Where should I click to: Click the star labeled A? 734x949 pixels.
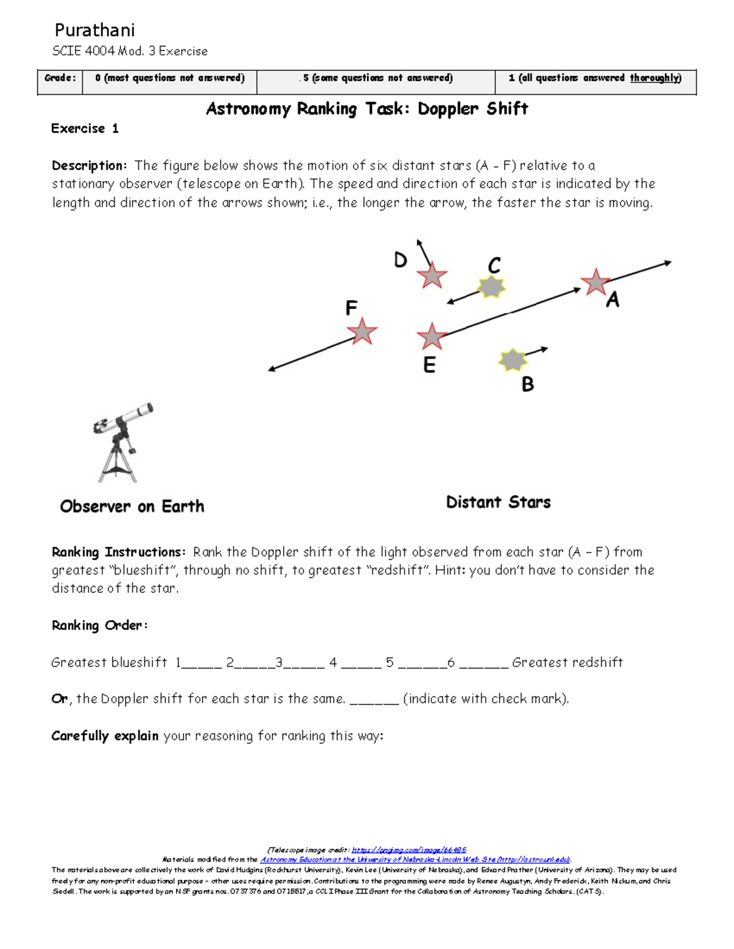click(x=595, y=282)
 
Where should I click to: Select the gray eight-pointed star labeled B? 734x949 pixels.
click(x=513, y=360)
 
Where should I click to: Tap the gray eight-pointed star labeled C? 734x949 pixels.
click(x=491, y=286)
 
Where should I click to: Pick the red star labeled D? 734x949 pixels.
click(x=432, y=276)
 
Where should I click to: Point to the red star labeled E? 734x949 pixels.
click(x=432, y=336)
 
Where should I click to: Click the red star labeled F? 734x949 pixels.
click(x=362, y=331)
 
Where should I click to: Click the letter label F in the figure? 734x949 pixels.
click(x=351, y=307)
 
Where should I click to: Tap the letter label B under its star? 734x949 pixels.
click(x=527, y=384)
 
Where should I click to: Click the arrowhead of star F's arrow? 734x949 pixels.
click(x=272, y=369)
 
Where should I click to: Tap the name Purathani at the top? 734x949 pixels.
click(x=94, y=30)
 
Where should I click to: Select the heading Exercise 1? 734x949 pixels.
click(x=84, y=128)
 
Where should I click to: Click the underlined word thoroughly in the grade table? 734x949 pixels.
click(x=655, y=78)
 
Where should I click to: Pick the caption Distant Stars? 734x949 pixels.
click(x=498, y=502)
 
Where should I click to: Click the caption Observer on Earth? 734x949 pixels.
click(x=132, y=507)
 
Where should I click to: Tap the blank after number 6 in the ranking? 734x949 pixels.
click(x=483, y=664)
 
